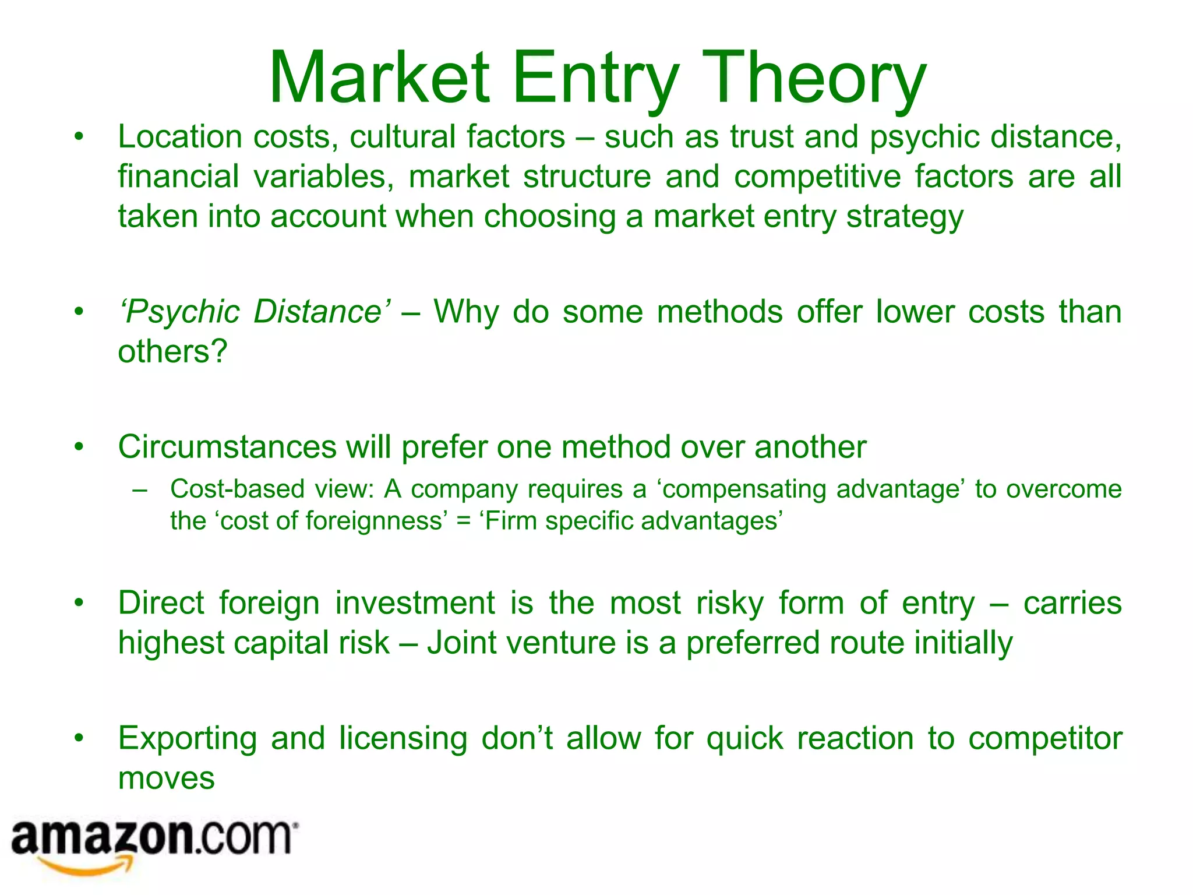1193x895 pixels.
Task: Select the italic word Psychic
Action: [179, 312]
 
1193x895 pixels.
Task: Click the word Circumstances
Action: [227, 447]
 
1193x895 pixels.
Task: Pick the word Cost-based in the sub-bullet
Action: [237, 489]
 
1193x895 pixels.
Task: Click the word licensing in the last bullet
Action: [403, 738]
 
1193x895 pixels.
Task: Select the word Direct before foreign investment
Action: [161, 603]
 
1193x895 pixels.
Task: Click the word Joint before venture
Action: [460, 643]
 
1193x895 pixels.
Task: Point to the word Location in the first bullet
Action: [179, 138]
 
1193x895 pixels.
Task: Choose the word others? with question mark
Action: [172, 352]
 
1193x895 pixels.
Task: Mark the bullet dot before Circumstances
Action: [79, 447]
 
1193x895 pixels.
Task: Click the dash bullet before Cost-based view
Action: [140, 489]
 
